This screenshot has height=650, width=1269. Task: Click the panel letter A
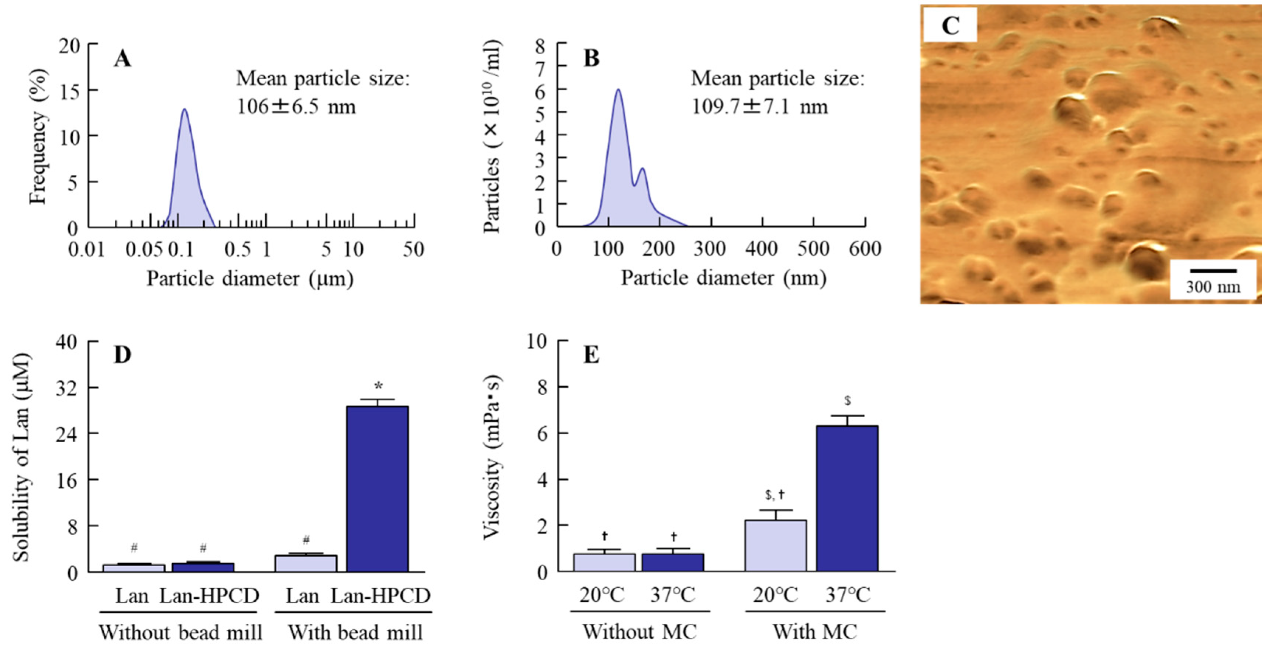click(123, 59)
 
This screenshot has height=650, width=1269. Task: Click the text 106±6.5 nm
click(296, 106)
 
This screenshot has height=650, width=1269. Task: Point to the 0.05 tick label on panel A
click(143, 250)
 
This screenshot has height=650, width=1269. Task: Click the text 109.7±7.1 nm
click(759, 106)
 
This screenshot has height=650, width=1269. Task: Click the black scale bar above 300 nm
click(1213, 270)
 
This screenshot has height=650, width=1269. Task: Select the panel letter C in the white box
click(950, 25)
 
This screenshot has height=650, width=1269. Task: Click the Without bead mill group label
click(180, 632)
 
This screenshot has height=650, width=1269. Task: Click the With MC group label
click(815, 632)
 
